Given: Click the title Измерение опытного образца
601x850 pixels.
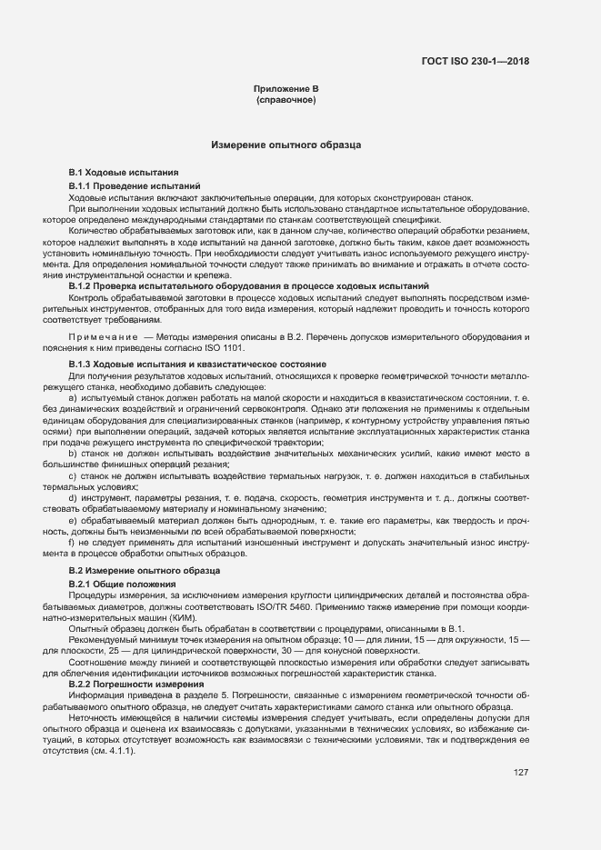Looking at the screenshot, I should tap(286, 145).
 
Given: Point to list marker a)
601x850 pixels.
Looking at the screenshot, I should tap(73, 399).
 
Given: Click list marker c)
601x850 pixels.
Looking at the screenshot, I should tap(73, 476).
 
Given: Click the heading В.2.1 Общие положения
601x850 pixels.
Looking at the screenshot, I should tap(122, 583).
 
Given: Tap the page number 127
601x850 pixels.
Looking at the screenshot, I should tap(521, 746).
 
